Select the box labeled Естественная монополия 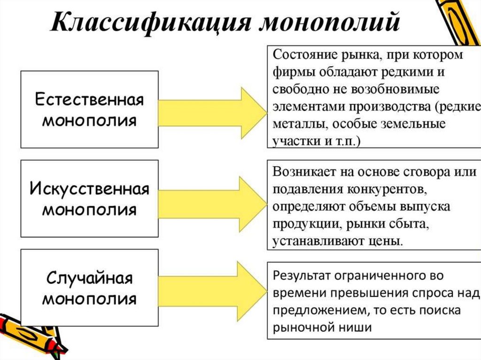(89, 110)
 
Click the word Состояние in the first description (303, 54)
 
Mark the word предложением (313, 311)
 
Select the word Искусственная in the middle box (89, 190)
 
